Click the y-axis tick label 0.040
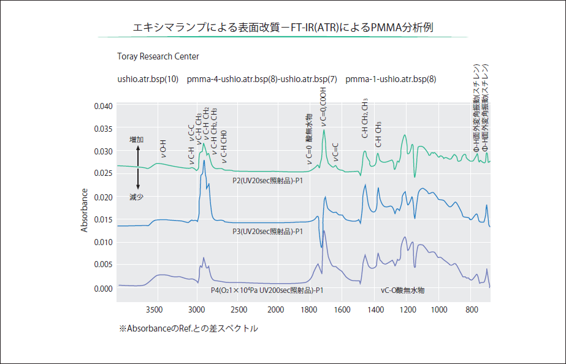click(104, 106)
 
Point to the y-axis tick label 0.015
click(104, 219)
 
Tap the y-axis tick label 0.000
click(104, 288)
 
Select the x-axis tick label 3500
click(156, 310)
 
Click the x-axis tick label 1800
click(308, 310)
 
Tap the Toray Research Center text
click(158, 56)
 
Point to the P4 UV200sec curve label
click(267, 290)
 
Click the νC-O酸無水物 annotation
click(402, 290)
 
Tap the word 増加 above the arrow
click(137, 140)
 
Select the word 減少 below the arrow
click(137, 197)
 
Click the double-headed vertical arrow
click(138, 168)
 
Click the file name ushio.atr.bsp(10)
click(148, 79)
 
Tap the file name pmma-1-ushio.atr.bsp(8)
click(391, 79)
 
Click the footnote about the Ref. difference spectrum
click(189, 329)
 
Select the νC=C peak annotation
click(335, 153)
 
